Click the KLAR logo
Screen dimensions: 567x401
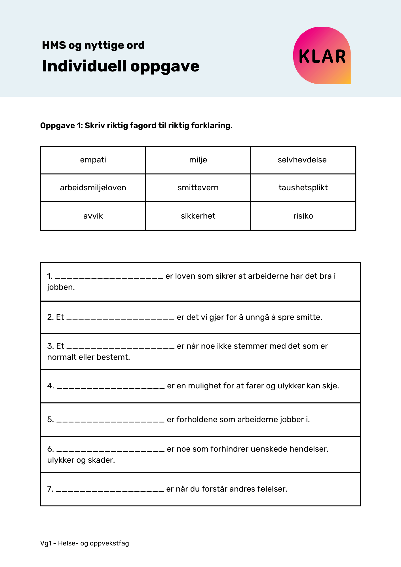tap(322, 56)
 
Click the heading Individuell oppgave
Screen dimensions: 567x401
tap(121, 66)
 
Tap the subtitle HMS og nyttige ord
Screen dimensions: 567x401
tap(93, 45)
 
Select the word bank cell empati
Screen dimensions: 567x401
tap(93, 160)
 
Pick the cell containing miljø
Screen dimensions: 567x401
tap(198, 160)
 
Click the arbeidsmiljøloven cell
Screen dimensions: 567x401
tap(93, 188)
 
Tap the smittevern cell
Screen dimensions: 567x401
tap(198, 188)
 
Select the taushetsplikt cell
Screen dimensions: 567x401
tap(303, 188)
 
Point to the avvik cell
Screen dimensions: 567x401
tap(93, 216)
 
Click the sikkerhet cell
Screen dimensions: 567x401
tap(198, 216)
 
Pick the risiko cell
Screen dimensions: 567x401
tap(303, 216)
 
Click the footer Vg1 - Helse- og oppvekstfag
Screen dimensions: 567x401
tap(85, 543)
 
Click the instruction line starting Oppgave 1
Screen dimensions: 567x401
tap(136, 126)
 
